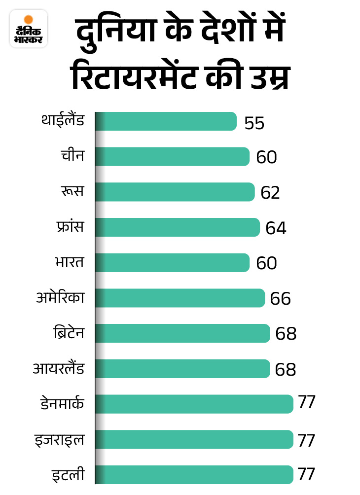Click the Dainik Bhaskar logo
(x=29, y=28)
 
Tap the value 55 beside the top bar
(x=254, y=123)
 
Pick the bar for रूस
(x=175, y=192)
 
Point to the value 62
(x=270, y=193)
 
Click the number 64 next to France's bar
(x=276, y=228)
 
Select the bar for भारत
(x=173, y=263)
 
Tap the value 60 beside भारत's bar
(x=266, y=264)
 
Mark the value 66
(x=281, y=299)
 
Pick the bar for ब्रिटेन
(x=182, y=333)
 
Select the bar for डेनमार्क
(x=194, y=404)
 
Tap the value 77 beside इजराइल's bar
(x=306, y=440)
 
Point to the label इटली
(x=68, y=475)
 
